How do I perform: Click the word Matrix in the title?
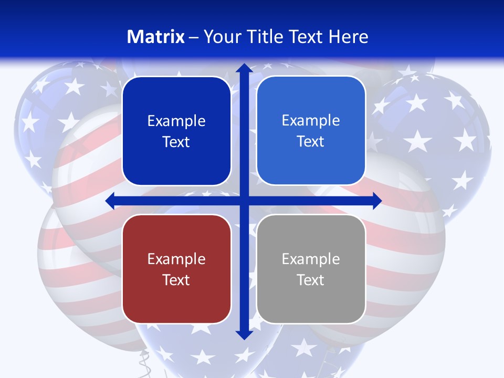pos(156,37)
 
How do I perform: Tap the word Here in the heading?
pos(348,37)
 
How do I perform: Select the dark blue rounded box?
pos(176,131)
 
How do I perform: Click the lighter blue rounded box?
pos(311,131)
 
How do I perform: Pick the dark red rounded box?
pos(176,269)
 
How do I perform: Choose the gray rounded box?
pos(311,269)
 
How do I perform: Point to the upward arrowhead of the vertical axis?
pos(244,68)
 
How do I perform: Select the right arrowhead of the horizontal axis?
pos(376,201)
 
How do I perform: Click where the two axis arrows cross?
pos(244,201)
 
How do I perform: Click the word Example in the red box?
pos(176,259)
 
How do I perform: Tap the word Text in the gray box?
pos(311,280)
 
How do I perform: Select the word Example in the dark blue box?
pos(176,121)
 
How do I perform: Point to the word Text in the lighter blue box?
pos(311,142)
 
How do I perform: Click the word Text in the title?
pos(306,37)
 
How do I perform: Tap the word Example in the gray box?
pos(311,259)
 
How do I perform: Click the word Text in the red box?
pos(176,280)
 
